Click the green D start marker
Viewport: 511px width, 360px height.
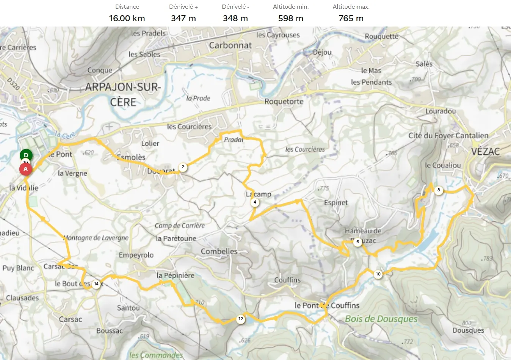tap(26, 155)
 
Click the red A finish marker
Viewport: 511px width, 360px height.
tap(26, 169)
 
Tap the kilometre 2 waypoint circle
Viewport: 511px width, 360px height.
tap(183, 167)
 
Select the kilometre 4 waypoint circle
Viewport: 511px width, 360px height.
tap(255, 202)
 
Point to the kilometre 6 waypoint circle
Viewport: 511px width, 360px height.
tap(357, 242)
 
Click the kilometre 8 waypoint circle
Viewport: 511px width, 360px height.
tap(439, 190)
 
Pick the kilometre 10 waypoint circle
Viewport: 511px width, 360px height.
tap(378, 274)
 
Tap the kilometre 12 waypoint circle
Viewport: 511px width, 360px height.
tap(241, 319)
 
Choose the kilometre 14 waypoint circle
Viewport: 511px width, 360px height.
tap(96, 284)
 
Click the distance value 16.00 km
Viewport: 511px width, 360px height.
tap(127, 18)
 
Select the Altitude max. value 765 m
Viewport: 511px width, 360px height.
tap(351, 18)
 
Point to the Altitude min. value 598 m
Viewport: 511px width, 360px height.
tap(290, 18)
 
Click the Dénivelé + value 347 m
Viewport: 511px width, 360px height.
tap(183, 18)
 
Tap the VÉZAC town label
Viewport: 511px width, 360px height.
tap(485, 152)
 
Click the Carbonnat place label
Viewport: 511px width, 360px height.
tap(230, 45)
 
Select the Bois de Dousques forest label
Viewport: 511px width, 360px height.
tap(381, 319)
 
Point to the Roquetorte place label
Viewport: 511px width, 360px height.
tap(284, 102)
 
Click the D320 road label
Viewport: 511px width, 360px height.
tap(13, 84)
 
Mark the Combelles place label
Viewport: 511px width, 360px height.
tap(219, 251)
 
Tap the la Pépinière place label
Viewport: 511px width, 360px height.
tap(176, 275)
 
